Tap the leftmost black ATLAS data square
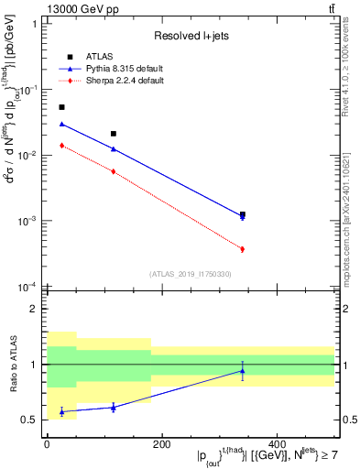pyautogui.click(x=61, y=107)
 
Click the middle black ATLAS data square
pyautogui.click(x=114, y=134)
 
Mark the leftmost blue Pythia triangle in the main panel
pyautogui.click(x=61, y=124)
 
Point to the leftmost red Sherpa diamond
pyautogui.click(x=61, y=146)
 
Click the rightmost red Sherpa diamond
pyautogui.click(x=242, y=249)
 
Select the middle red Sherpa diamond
pyautogui.click(x=114, y=171)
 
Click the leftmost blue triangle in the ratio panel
pyautogui.click(x=61, y=411)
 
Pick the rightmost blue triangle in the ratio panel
pyautogui.click(x=242, y=371)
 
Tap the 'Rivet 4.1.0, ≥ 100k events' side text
pyautogui.click(x=351, y=63)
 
